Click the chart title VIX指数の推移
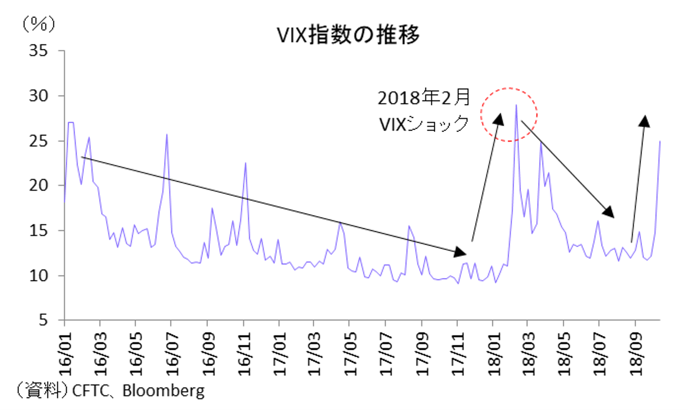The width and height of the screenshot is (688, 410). click(x=348, y=35)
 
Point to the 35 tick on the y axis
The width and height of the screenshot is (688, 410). click(x=38, y=51)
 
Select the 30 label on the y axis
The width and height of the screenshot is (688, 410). click(x=38, y=96)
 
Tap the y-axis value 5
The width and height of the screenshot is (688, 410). click(x=43, y=320)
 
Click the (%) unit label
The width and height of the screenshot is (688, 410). click(x=39, y=24)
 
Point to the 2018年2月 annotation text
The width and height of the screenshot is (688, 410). click(x=424, y=98)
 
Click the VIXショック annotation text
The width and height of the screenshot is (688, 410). click(x=424, y=123)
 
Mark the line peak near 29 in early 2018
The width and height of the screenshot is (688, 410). click(x=516, y=106)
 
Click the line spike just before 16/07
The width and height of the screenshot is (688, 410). click(x=167, y=135)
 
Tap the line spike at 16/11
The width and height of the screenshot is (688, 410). click(x=245, y=163)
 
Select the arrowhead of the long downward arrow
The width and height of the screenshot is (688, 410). click(x=461, y=252)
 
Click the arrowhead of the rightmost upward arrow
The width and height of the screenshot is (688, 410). click(x=645, y=121)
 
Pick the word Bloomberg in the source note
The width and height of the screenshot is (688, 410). click(x=164, y=390)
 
